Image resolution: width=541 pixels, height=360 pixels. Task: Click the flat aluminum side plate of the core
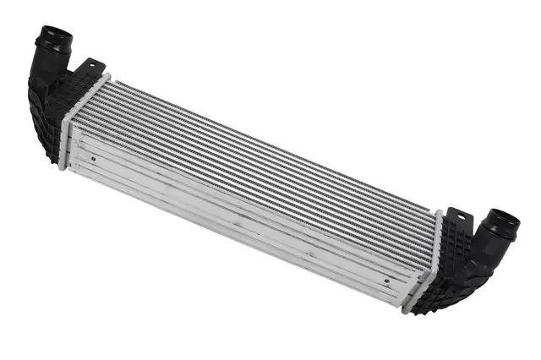(x=237, y=211)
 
